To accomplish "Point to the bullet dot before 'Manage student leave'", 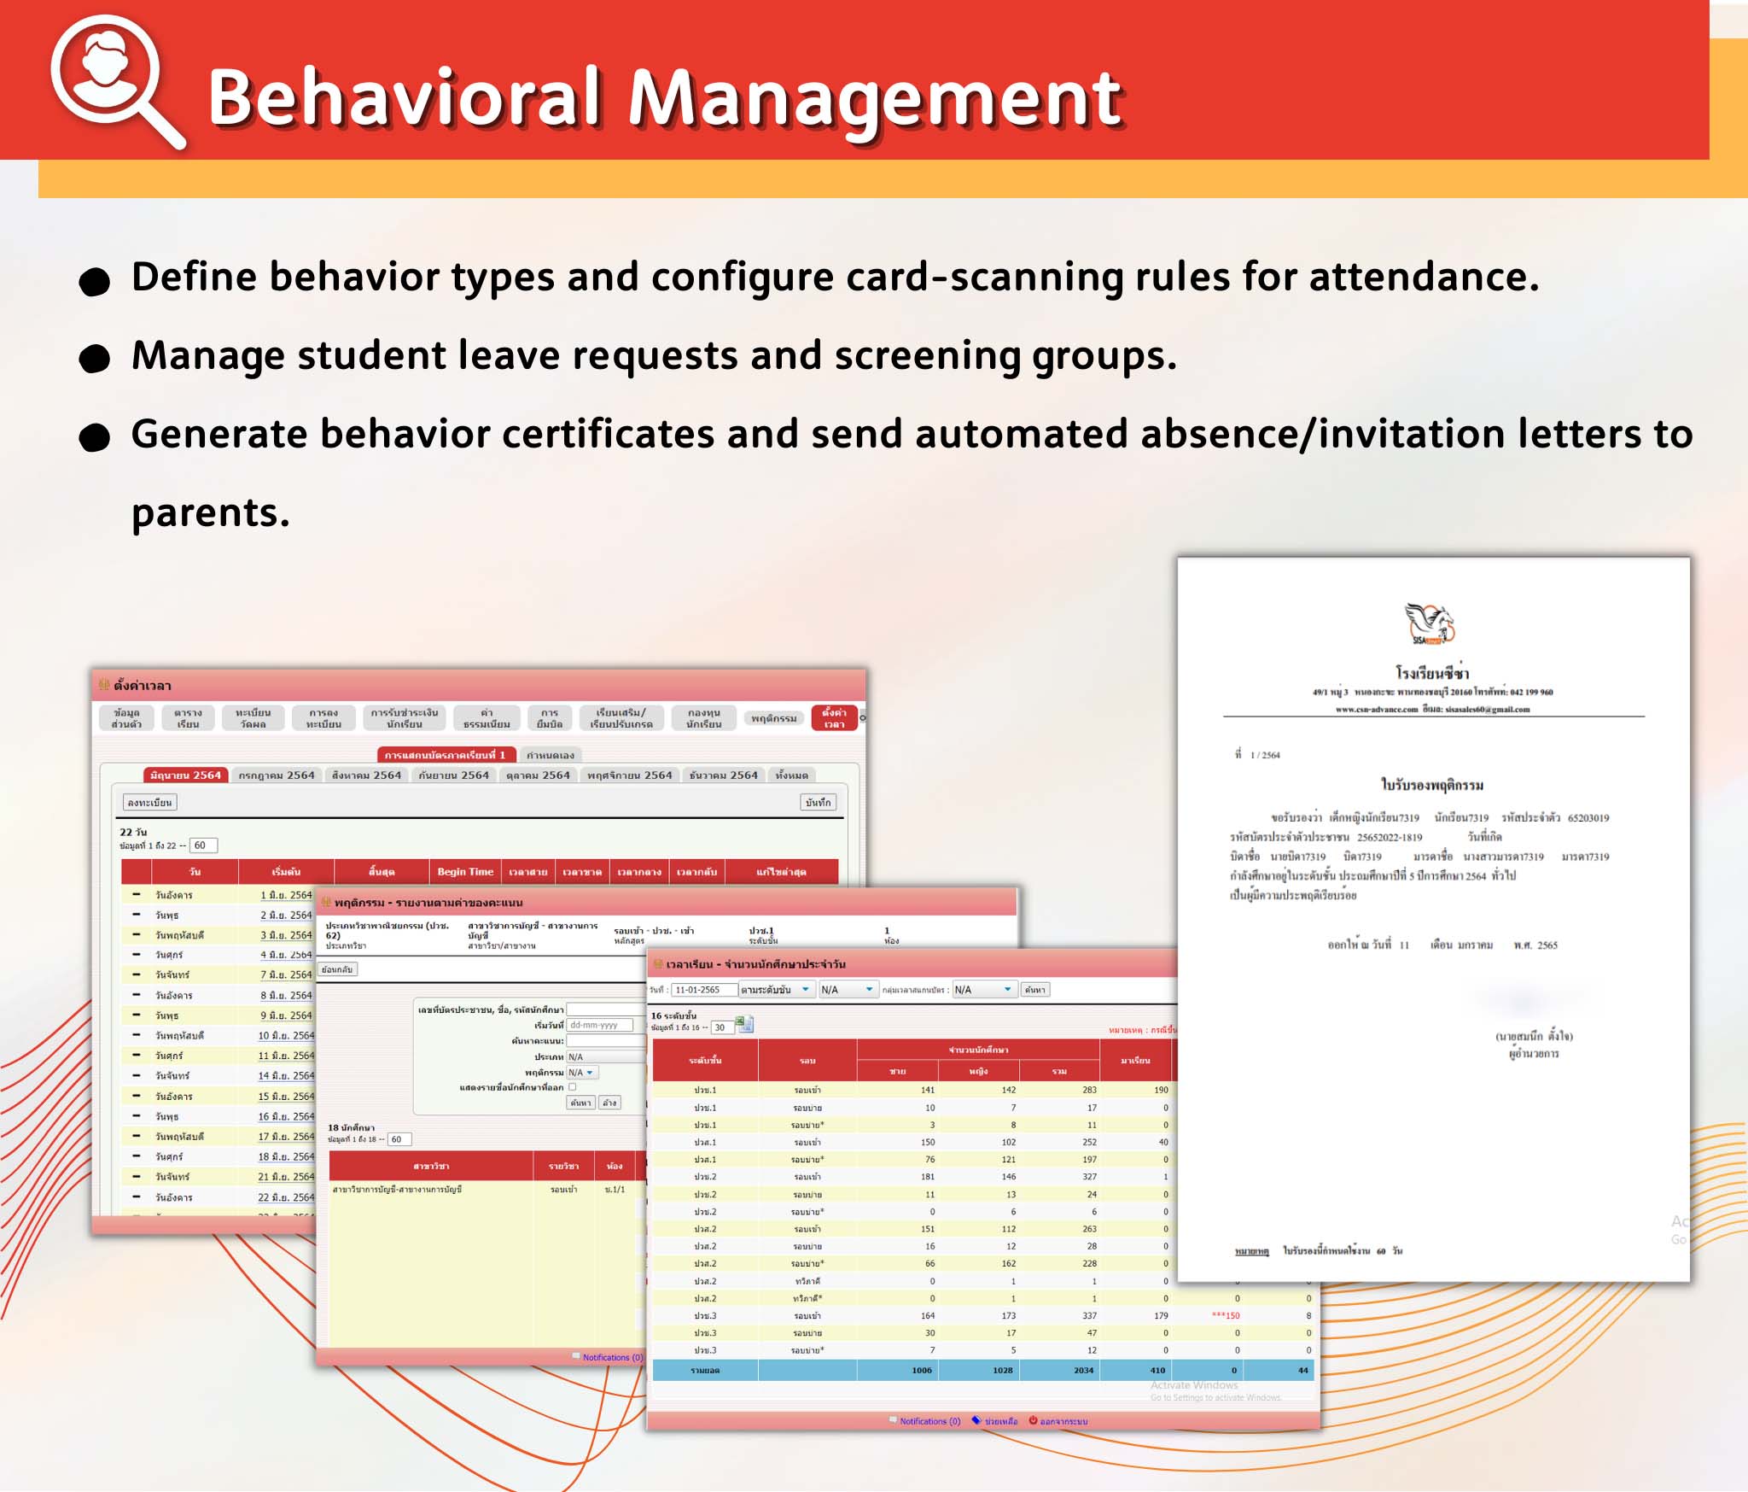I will (x=95, y=359).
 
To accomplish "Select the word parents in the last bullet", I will (x=210, y=513).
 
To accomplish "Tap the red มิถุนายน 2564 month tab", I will (x=185, y=775).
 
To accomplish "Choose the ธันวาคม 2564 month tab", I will (x=723, y=775).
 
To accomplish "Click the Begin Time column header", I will (x=465, y=872).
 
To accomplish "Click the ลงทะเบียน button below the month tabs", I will (x=150, y=803).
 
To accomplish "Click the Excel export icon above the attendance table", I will (x=743, y=1023).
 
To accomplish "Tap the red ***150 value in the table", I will (x=1226, y=1315).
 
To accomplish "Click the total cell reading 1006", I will (x=921, y=1370).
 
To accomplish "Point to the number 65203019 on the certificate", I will (x=1588, y=818).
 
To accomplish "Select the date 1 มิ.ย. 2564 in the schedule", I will (x=286, y=895).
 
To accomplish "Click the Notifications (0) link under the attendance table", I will (x=929, y=1421).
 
